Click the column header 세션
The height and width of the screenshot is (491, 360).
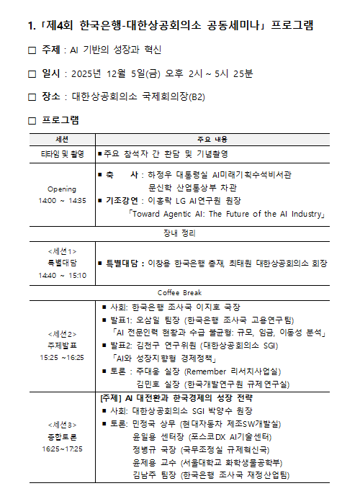click(x=61, y=138)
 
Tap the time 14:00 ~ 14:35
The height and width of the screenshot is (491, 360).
click(x=61, y=200)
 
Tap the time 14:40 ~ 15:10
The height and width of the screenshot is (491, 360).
click(x=62, y=275)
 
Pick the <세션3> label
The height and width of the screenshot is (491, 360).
click(x=62, y=425)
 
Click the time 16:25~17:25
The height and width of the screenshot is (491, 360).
click(x=62, y=448)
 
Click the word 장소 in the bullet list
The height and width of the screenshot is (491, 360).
click(x=51, y=96)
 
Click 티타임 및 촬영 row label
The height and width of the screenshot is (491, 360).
click(x=61, y=154)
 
